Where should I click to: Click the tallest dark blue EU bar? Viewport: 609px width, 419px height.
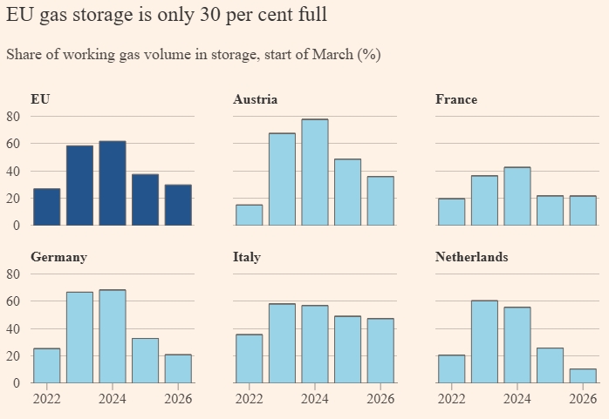point(113,183)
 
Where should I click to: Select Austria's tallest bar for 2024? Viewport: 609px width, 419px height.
point(315,172)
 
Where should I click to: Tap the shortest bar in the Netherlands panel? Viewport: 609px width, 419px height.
point(582,375)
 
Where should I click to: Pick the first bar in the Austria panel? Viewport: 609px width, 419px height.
point(249,215)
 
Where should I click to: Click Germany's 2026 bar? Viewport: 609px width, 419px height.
point(178,368)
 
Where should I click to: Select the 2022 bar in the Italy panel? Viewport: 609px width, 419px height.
point(249,358)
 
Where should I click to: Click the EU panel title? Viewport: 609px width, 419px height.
point(40,99)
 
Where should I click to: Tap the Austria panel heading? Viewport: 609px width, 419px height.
point(255,99)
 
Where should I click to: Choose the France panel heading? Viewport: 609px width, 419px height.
point(456,99)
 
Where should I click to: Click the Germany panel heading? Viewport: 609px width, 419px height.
point(58,257)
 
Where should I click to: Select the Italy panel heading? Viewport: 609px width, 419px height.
point(247,257)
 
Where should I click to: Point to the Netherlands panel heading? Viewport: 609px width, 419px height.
point(472,257)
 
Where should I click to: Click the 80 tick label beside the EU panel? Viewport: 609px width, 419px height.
point(13,116)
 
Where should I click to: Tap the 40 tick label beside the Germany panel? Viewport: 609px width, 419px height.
point(13,328)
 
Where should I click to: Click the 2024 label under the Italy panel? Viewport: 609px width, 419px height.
point(315,399)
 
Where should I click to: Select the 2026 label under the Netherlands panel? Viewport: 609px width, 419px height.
point(582,399)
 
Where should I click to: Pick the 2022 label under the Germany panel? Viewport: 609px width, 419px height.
point(47,399)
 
